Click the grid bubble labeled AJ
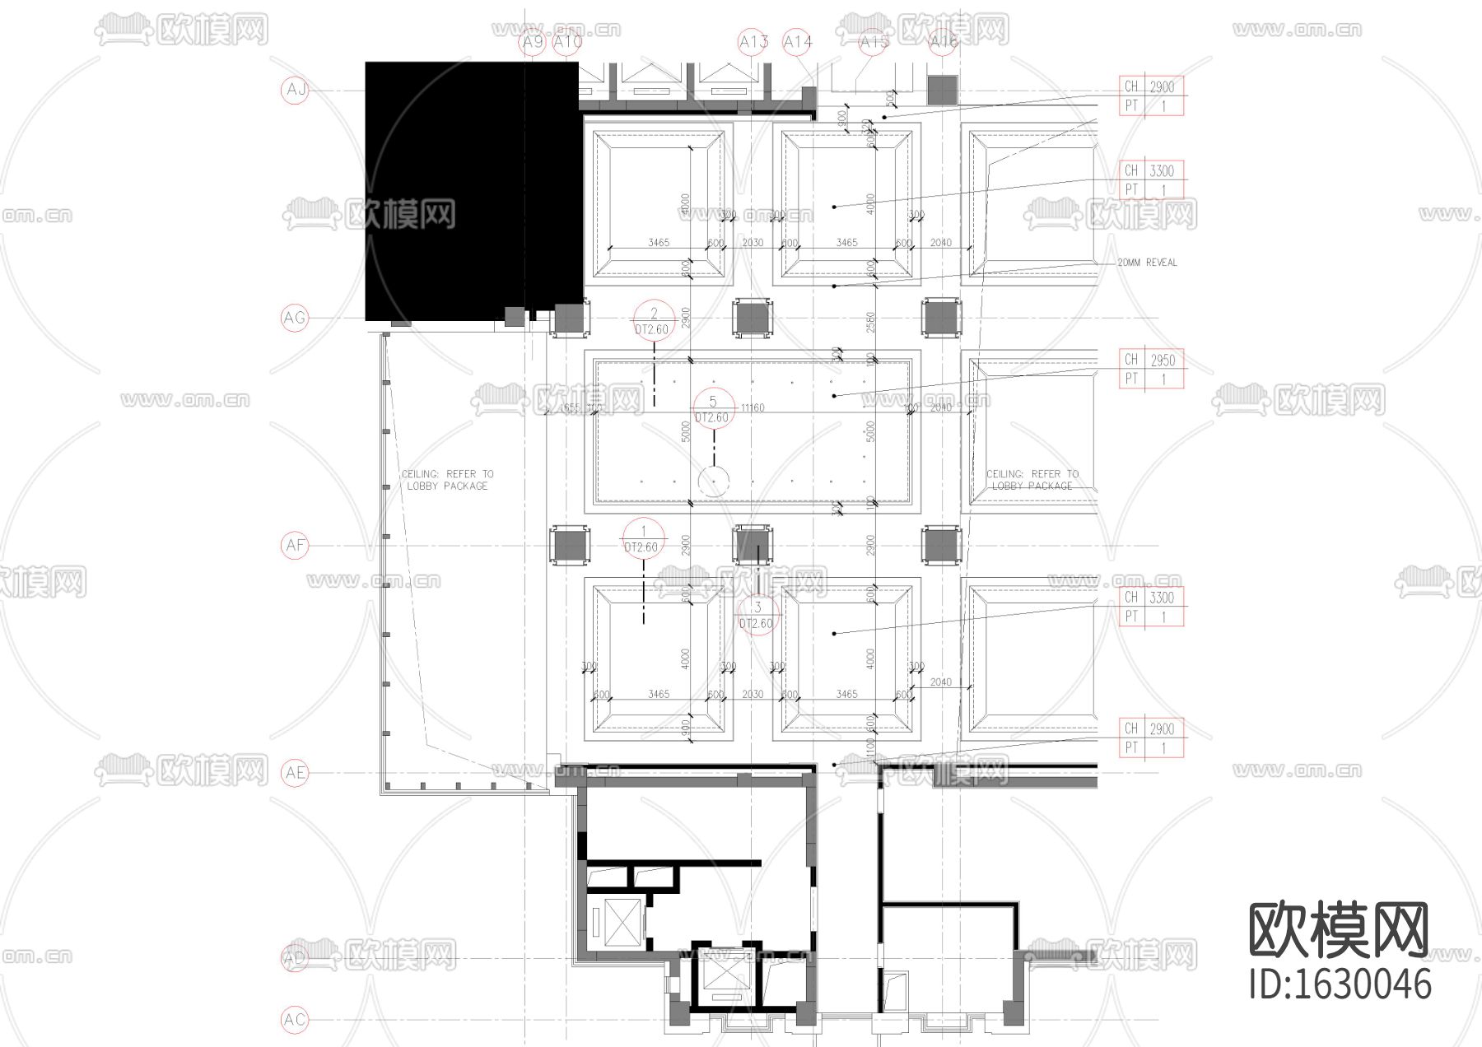tap(295, 89)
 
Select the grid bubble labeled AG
tap(295, 317)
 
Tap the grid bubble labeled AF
tap(295, 545)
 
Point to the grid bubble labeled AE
tap(295, 772)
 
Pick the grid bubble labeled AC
tap(295, 1020)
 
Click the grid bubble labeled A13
tap(753, 42)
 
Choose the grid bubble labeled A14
tap(798, 42)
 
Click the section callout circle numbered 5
tap(713, 408)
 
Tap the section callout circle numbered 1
tap(642, 539)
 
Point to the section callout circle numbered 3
tap(757, 615)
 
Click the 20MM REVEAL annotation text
tap(1147, 263)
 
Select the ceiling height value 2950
tap(1163, 361)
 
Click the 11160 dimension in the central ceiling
tap(752, 407)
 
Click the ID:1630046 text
tap(1340, 984)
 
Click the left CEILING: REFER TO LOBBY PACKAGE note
tap(447, 480)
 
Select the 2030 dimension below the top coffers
tap(753, 243)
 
